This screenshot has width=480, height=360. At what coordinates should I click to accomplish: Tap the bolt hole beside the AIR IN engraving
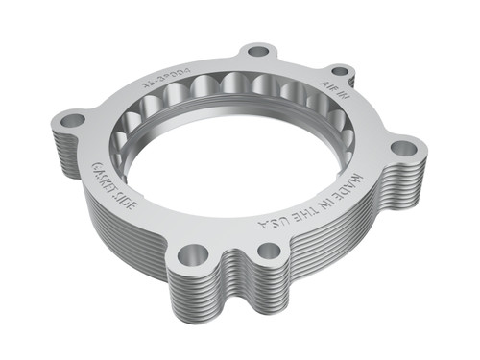pos(341,71)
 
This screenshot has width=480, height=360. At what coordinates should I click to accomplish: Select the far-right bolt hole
pos(404,148)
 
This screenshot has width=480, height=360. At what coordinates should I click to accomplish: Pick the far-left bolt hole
pos(72,121)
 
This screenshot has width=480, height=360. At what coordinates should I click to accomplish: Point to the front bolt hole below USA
pos(270,251)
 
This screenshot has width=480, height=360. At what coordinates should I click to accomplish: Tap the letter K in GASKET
pos(104,180)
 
